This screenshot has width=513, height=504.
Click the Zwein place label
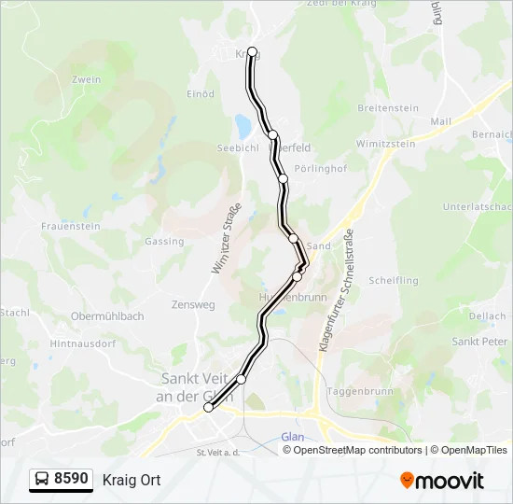85,80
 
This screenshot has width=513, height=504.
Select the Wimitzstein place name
385,145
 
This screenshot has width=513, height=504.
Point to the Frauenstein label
70,227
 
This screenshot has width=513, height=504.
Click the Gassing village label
164,242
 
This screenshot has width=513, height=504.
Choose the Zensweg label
193,305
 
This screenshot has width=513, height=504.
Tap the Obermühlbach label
107,316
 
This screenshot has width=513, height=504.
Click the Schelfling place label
394,280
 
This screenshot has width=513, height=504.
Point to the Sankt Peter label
478,342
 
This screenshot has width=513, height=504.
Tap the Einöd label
201,94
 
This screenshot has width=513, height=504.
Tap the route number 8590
72,480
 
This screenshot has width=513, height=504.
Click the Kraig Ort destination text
132,481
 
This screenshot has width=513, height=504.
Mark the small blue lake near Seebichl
243,123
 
